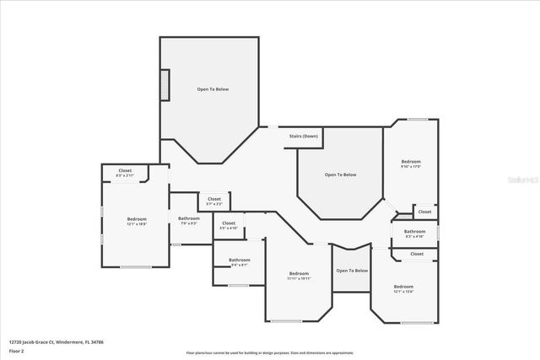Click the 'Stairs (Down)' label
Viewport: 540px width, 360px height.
coord(303,136)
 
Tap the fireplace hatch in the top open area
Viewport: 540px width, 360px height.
coord(166,85)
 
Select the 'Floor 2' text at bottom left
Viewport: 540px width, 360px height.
coord(17,351)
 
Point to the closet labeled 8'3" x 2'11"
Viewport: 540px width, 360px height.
coord(125,173)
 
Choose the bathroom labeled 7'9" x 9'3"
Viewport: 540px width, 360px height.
coord(188,221)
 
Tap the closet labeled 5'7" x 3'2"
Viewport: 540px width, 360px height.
coord(214,201)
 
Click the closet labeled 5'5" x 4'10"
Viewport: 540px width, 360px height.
coord(229,226)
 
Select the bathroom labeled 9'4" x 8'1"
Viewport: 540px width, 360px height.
coord(239,262)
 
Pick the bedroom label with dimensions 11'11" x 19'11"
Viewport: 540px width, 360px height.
coord(300,276)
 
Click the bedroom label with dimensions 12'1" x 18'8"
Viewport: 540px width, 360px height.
coord(136,222)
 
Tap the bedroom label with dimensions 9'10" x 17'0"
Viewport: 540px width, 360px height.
coord(410,164)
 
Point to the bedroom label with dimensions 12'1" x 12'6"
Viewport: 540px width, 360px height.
coord(403,289)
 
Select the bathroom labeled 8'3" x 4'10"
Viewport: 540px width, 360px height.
coord(414,234)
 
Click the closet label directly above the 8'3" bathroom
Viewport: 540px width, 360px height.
coord(424,212)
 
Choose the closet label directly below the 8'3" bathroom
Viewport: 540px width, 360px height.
coord(417,254)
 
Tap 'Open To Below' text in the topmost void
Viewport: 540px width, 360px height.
coord(213,89)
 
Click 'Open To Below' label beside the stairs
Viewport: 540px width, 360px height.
coord(341,175)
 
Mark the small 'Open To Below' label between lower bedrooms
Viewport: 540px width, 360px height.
coord(352,271)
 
